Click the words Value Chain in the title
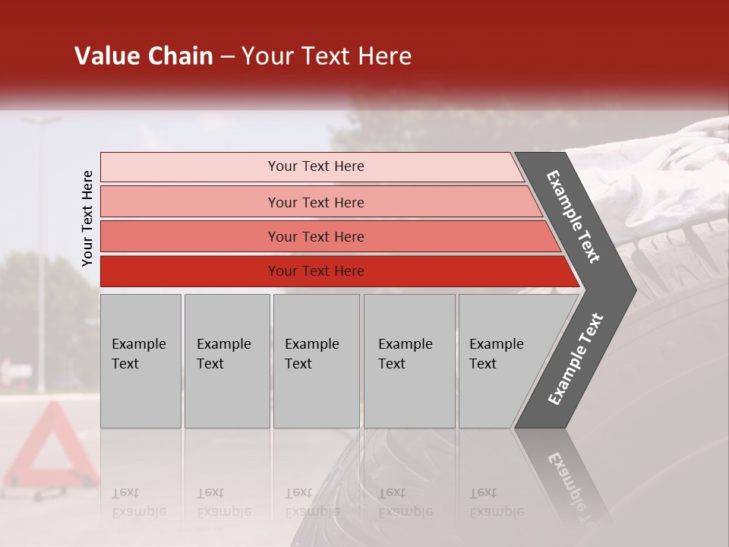point(144,56)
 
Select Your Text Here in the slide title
point(327,56)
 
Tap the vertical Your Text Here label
point(87,218)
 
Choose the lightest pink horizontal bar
point(311,167)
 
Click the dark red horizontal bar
point(334,271)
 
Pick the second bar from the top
point(319,202)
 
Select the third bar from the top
point(327,236)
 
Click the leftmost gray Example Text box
point(140,361)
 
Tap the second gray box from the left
point(226,361)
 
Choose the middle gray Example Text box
point(316,361)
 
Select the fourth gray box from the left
point(409,361)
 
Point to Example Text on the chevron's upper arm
point(573,217)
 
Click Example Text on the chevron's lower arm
point(576,359)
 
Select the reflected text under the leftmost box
point(139,502)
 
